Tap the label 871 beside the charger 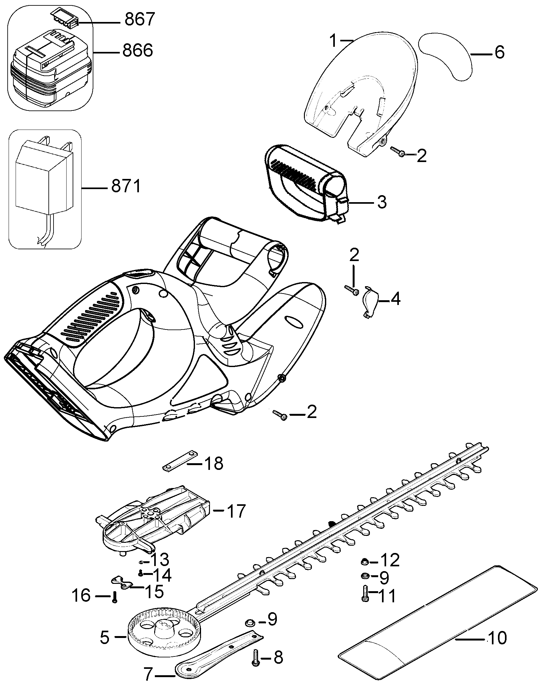click(x=126, y=187)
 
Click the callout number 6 click(x=500, y=52)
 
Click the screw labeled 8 click(x=255, y=657)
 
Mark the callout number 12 click(x=390, y=560)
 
